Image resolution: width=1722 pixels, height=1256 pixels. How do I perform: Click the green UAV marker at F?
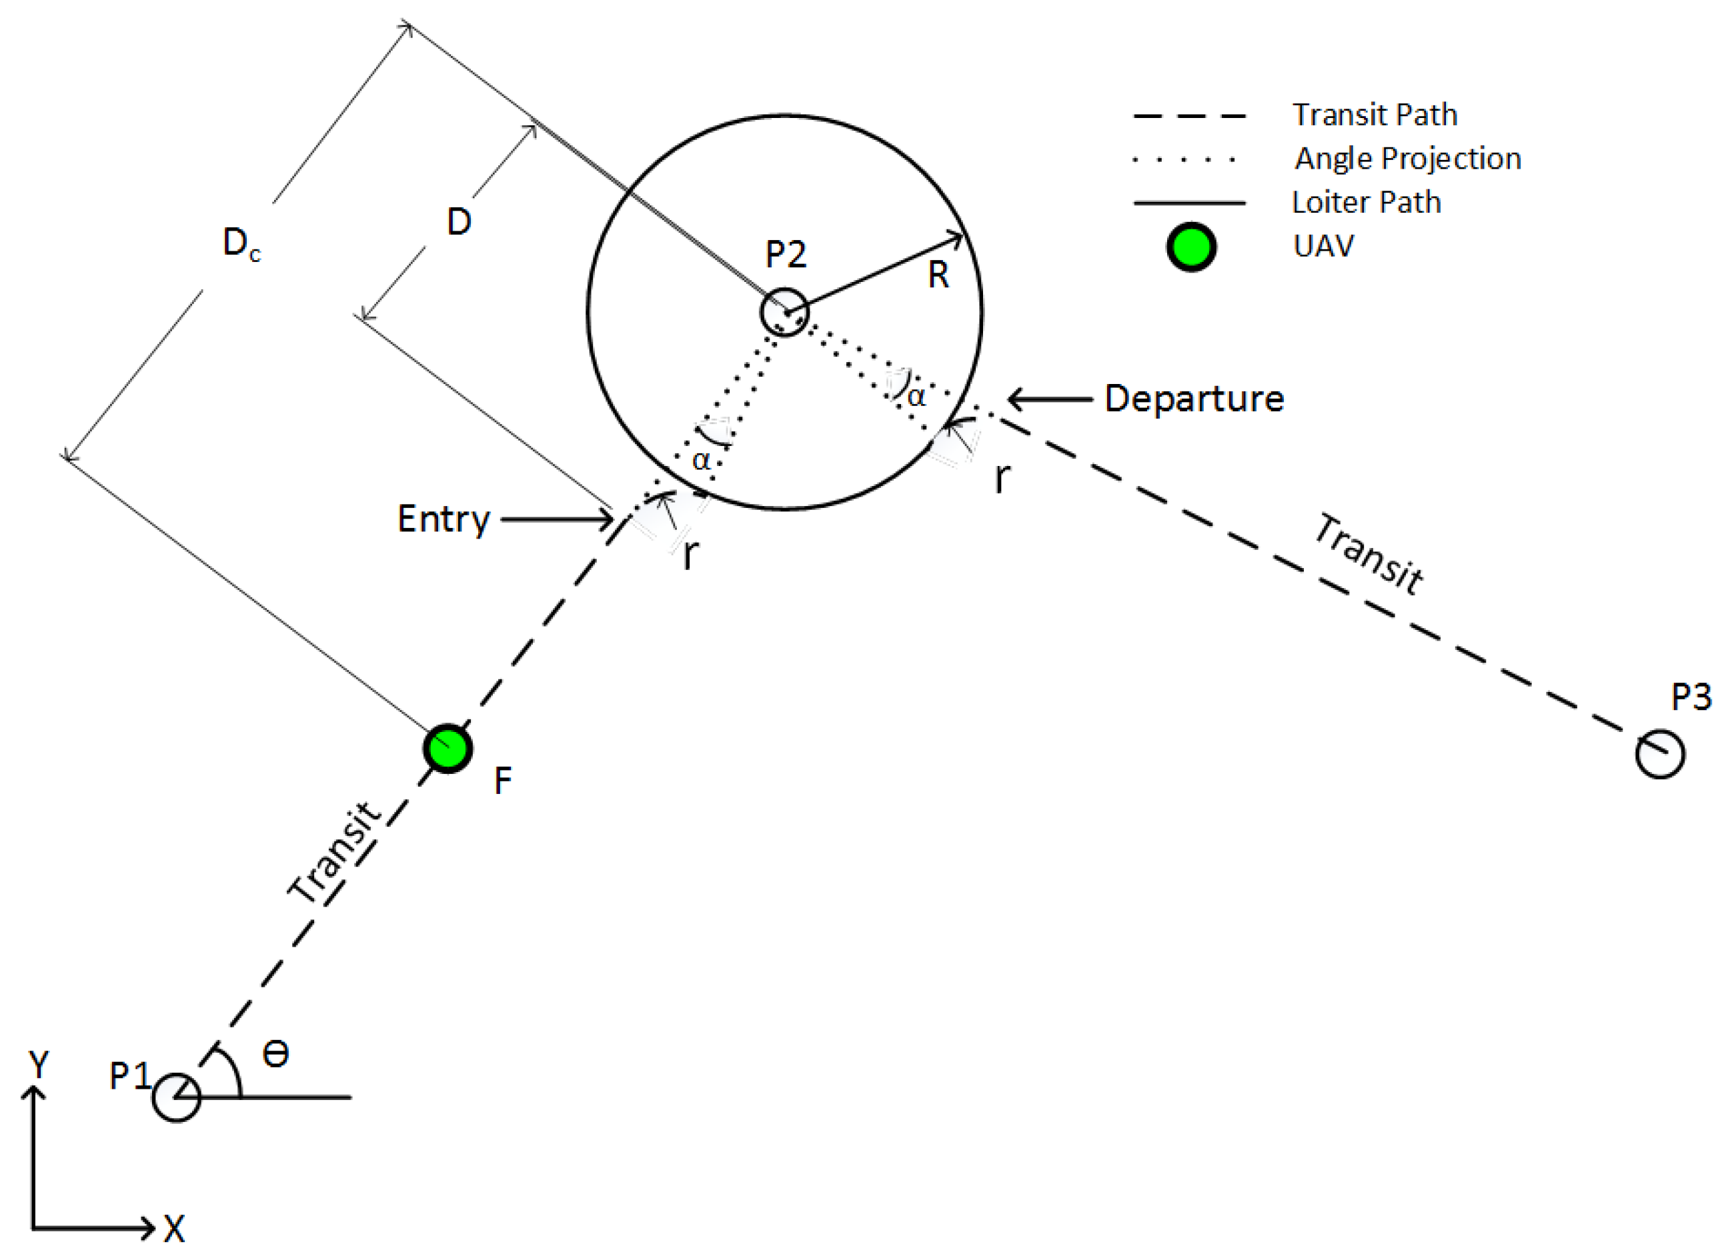448,748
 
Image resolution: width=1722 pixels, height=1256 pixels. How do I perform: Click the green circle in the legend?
1191,247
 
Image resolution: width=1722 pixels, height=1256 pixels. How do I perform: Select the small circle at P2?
784,313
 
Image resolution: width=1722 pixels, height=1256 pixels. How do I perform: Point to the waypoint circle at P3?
1659,754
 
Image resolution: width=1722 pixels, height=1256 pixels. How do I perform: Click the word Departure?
1193,399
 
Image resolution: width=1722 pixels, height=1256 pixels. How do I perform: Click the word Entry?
444,519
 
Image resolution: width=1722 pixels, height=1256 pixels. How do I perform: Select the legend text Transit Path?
1375,115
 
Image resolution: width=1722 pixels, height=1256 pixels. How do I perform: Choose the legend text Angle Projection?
1408,159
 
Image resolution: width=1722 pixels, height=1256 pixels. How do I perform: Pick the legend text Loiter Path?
1366,202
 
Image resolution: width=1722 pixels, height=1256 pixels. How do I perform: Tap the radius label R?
938,275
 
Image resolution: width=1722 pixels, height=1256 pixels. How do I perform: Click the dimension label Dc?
240,244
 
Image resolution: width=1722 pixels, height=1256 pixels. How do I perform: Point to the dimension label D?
459,222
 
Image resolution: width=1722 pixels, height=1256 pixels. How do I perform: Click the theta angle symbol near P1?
275,1055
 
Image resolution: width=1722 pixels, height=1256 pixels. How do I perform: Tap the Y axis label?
38,1065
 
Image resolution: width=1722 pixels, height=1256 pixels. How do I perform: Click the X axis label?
174,1229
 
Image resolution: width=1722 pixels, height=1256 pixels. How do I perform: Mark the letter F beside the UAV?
503,781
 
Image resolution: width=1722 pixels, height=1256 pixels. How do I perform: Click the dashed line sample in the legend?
1189,116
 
